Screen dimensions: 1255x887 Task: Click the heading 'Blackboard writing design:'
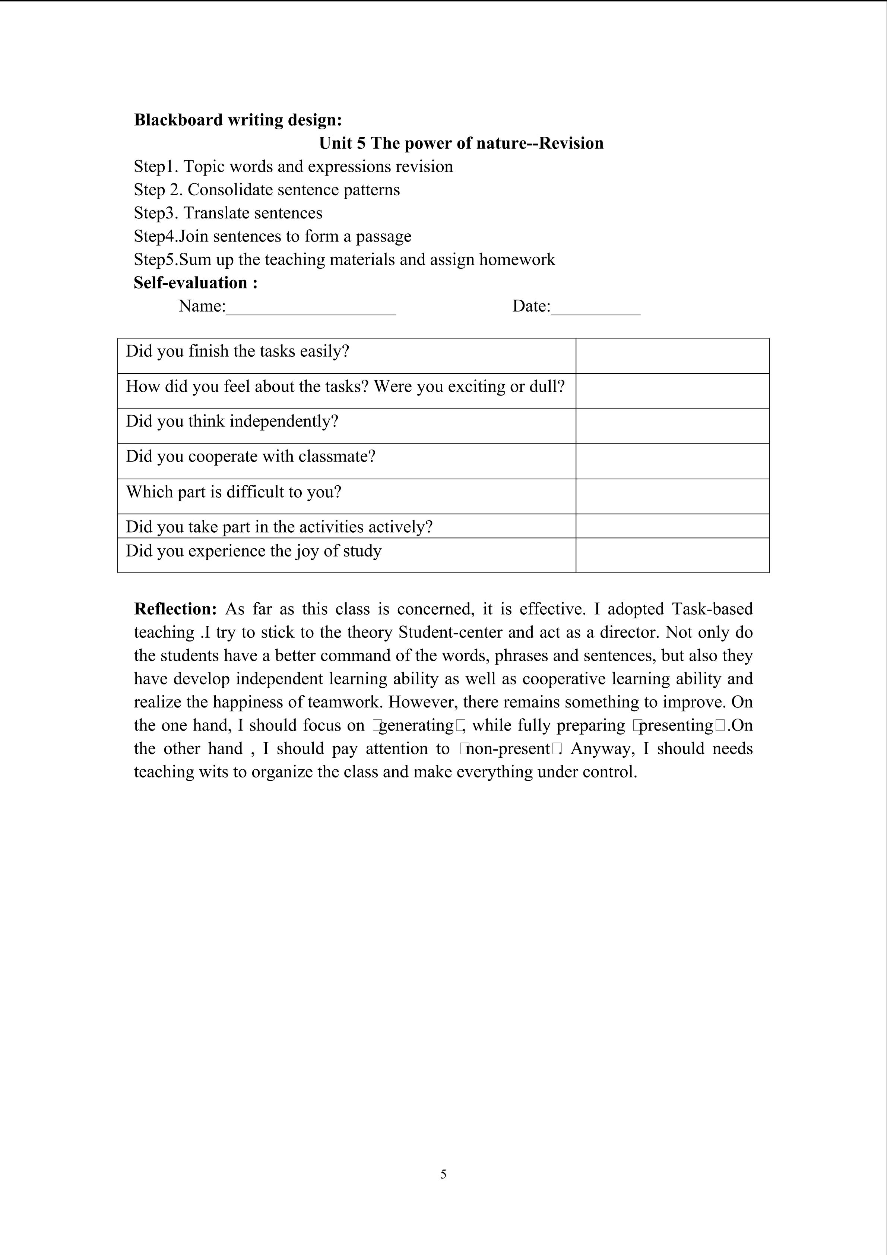[238, 120]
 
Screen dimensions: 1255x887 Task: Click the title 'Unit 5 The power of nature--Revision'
[461, 143]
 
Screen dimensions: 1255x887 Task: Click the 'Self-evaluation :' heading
[196, 283]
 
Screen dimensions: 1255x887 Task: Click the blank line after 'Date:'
[595, 307]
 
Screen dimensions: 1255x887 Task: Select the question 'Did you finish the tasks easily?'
[237, 351]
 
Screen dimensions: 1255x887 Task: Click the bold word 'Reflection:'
[175, 609]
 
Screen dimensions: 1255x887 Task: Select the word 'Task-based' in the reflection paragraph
[712, 609]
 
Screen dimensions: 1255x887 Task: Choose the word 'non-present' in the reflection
[508, 748]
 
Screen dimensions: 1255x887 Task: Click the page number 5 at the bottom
[443, 1174]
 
